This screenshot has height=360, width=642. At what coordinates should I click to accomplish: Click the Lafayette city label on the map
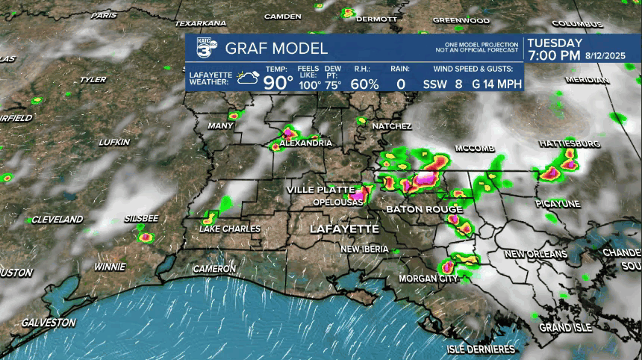(x=344, y=229)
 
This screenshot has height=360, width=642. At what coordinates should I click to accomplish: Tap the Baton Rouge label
(x=424, y=209)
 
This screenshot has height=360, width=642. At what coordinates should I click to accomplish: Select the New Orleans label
(x=536, y=254)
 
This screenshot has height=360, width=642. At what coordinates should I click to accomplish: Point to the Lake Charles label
(x=231, y=229)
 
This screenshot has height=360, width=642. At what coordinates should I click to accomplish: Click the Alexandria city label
(x=305, y=143)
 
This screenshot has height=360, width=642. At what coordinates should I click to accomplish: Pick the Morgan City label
(x=428, y=279)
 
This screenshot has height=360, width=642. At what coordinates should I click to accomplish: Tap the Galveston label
(x=49, y=323)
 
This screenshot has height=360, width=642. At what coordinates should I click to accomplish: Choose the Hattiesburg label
(x=569, y=143)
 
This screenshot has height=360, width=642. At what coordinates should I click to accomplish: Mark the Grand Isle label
(x=565, y=328)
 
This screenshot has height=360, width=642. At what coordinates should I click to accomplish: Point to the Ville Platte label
(x=317, y=190)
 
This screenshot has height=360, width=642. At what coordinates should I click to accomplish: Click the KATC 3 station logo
(x=207, y=46)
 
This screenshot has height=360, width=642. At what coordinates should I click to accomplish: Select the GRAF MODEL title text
(x=276, y=49)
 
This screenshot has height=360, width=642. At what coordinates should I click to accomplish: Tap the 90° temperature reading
(x=278, y=83)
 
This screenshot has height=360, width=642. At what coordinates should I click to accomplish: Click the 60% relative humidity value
(x=364, y=84)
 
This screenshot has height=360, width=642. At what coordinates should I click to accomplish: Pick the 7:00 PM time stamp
(x=553, y=56)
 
